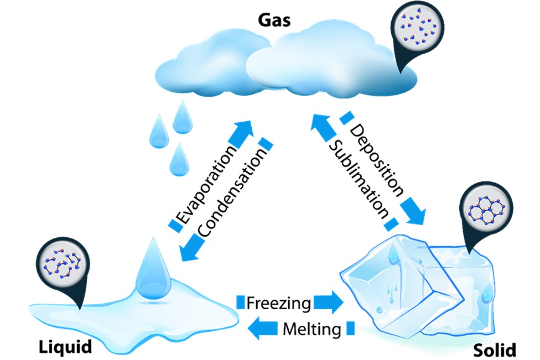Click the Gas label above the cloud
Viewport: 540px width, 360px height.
(x=275, y=22)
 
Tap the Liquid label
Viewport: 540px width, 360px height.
(x=65, y=347)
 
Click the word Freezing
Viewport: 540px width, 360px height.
(x=279, y=302)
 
